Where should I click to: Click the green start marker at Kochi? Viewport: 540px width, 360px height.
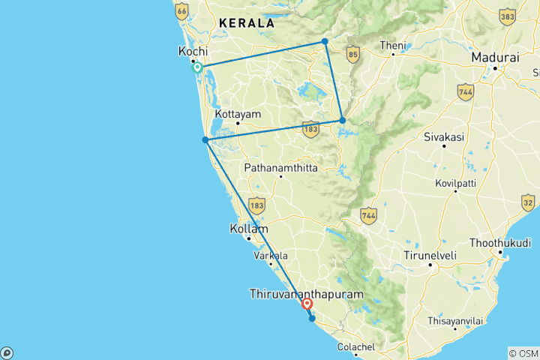(197, 67)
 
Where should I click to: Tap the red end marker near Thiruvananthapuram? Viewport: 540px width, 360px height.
(307, 304)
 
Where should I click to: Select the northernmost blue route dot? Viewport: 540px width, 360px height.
(325, 41)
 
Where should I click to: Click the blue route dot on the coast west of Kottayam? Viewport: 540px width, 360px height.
(205, 139)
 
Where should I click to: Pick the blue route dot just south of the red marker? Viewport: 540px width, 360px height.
(312, 319)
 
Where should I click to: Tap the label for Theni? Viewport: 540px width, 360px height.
(392, 46)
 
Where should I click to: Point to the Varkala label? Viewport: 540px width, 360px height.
(271, 256)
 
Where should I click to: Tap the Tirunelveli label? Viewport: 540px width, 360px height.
(430, 256)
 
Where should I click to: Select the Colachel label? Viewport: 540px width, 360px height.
(356, 346)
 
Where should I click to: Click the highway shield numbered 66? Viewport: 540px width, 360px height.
(181, 11)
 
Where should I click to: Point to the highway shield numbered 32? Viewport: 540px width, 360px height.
(529, 202)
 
